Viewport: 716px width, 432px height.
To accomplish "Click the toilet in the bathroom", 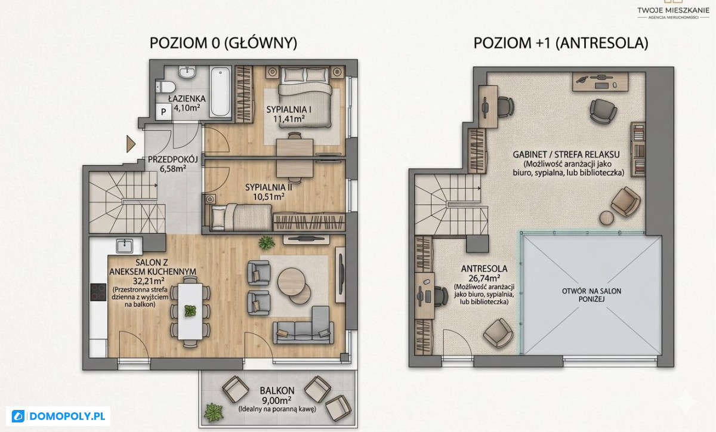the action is point(166,87).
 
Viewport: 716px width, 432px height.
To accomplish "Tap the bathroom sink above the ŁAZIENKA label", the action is point(187,72).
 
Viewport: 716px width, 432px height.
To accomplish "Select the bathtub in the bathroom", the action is point(220,92).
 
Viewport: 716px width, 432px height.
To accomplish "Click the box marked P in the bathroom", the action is point(163,112).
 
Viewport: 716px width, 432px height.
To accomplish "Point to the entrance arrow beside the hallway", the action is point(131,144).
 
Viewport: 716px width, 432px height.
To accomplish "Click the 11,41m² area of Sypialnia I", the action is point(289,119).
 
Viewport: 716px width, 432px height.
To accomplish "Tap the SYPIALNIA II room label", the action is point(268,187).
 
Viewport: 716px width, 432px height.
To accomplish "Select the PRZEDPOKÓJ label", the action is point(173,159).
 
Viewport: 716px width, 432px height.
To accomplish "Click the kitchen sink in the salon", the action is point(125,246).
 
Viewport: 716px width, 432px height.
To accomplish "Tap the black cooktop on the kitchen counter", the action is point(98,292).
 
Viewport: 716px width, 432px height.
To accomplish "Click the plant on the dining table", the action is point(190,311).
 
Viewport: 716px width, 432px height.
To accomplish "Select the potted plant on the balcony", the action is point(214,412).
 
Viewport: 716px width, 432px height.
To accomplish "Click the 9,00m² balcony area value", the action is point(277,400).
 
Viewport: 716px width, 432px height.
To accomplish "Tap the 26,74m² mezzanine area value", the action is point(484,278).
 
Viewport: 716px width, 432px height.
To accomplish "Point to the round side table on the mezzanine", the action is point(607,218).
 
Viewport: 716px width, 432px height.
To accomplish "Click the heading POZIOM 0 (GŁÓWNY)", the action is point(223,43).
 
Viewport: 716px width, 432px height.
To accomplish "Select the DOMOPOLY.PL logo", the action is point(58,416).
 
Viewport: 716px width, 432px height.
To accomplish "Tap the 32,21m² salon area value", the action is point(149,281).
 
